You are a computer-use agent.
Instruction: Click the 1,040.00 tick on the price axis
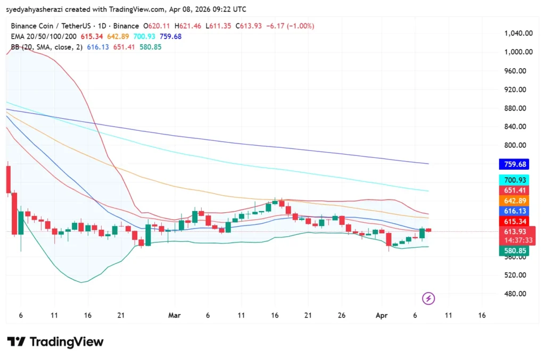point(518,33)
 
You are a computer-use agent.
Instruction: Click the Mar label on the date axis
point(174,315)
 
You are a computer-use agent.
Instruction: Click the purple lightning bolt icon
point(428,298)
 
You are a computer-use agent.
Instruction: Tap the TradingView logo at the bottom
point(55,342)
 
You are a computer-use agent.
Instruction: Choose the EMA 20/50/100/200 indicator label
point(44,36)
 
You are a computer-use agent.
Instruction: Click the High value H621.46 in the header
point(185,26)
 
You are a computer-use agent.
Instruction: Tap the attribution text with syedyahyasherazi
point(126,9)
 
